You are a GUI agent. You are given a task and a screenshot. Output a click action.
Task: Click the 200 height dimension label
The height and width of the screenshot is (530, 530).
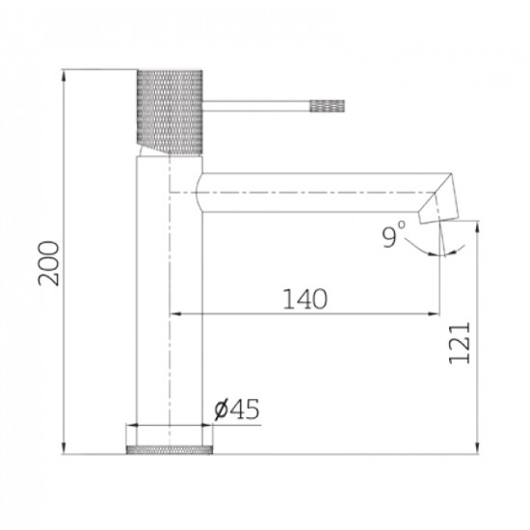pos(48,263)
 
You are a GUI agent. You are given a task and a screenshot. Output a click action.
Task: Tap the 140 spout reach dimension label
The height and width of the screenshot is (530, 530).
pos(305,299)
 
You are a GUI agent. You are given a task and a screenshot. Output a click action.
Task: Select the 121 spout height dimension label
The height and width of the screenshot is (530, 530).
pos(460,343)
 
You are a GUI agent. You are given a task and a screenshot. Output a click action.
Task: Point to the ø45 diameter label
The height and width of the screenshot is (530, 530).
pos(237,409)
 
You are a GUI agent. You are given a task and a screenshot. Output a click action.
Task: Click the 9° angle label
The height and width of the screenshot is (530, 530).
pos(394,234)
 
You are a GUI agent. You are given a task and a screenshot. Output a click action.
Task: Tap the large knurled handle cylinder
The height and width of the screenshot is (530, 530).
pos(170,112)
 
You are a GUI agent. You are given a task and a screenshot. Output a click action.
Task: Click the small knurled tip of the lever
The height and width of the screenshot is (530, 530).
pos(328,106)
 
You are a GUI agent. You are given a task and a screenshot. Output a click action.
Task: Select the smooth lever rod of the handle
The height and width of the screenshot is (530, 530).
pos(256,106)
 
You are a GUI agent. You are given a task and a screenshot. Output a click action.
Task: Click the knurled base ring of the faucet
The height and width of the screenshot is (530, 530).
pos(170,450)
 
